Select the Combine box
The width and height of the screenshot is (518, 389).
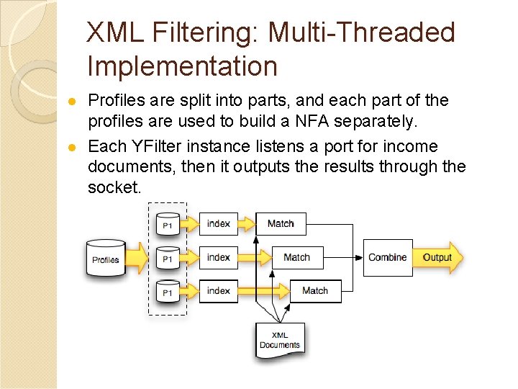[387, 257]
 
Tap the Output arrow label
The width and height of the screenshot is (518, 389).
[437, 257]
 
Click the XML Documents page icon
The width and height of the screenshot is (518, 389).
[280, 341]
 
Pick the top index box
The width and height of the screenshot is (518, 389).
[218, 223]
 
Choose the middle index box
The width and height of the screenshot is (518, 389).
[218, 257]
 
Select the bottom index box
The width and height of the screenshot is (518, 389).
[218, 291]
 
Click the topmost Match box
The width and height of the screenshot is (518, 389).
[281, 223]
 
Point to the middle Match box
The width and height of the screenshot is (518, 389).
[296, 257]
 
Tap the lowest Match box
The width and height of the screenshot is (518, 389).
[314, 291]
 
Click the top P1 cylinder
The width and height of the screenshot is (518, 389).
[167, 223]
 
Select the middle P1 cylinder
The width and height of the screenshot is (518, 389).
[167, 256]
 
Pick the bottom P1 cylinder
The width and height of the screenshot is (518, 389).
[167, 290]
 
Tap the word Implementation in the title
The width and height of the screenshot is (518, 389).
[182, 66]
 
